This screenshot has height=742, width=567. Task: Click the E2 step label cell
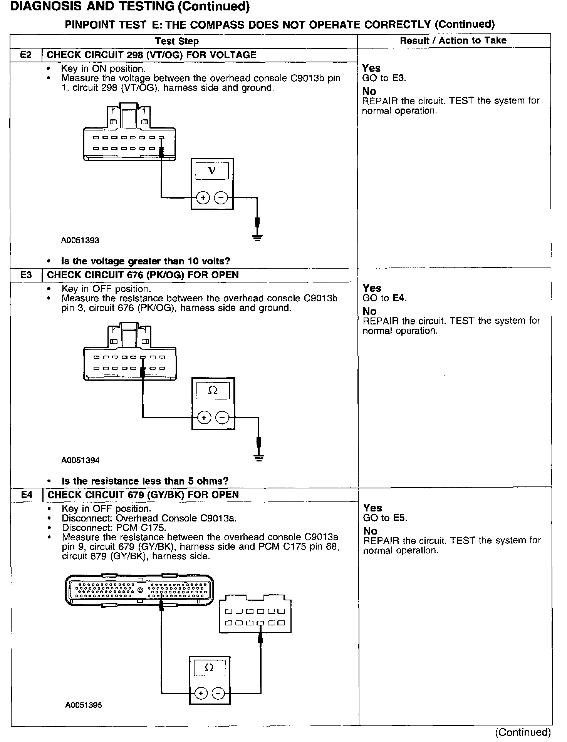26,55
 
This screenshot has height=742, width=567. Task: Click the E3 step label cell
26,275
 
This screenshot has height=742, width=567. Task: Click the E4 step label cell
27,495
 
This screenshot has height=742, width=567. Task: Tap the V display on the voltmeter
212,171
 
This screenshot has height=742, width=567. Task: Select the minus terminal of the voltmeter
221,198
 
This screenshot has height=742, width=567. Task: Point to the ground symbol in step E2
258,237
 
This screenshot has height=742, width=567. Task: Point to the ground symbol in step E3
259,458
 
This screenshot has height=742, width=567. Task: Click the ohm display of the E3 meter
213,391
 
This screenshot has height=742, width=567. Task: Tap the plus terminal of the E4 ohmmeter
200,694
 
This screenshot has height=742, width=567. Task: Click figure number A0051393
80,241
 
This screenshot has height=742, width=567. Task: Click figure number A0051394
80,460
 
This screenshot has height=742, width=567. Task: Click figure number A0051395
84,705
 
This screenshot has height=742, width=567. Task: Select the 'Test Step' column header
177,41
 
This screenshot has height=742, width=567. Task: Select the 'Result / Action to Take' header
453,40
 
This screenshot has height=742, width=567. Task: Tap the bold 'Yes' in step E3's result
372,288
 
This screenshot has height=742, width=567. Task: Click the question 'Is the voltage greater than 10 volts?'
146,261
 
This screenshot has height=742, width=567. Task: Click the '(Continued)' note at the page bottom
523,732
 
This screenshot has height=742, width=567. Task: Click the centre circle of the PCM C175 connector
140,590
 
